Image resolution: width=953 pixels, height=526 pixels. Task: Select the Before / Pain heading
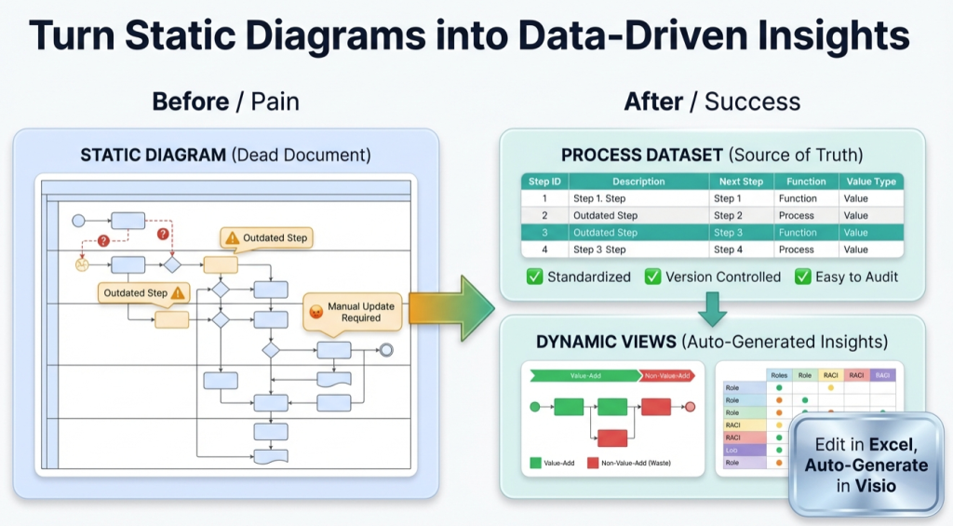pyautogui.click(x=225, y=101)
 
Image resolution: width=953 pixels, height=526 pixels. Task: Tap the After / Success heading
pyautogui.click(x=712, y=101)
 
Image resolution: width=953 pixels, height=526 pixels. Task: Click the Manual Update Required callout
pyautogui.click(x=353, y=312)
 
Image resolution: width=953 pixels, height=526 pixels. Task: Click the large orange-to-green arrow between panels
pyautogui.click(x=451, y=308)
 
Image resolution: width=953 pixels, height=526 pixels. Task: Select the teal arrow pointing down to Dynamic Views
pyautogui.click(x=712, y=308)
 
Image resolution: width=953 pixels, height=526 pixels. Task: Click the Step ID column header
pyautogui.click(x=544, y=182)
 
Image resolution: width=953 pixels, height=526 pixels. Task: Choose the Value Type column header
pyautogui.click(x=870, y=182)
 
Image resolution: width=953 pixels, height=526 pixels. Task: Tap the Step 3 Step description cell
pyautogui.click(x=599, y=250)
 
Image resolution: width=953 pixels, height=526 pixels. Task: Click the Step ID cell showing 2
pyautogui.click(x=544, y=216)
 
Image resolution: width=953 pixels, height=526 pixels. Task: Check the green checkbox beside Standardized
pyautogui.click(x=535, y=276)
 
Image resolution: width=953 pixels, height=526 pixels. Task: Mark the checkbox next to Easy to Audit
pyautogui.click(x=802, y=276)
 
